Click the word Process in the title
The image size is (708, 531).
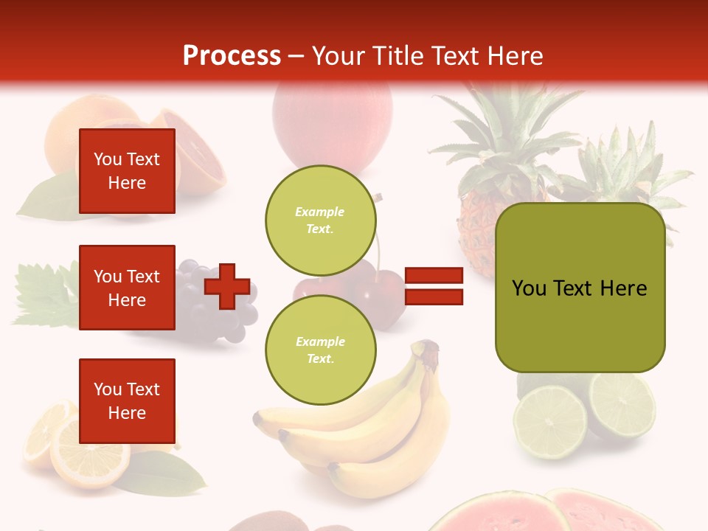click(x=232, y=56)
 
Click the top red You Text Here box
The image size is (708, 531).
click(x=127, y=171)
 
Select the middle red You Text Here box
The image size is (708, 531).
click(x=127, y=288)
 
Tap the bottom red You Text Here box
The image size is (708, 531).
click(x=127, y=401)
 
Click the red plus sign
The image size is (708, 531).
click(x=226, y=286)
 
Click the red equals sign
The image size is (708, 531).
click(x=434, y=287)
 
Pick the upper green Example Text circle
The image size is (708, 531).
click(x=321, y=220)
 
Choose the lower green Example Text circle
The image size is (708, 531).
click(x=321, y=350)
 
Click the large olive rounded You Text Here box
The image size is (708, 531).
click(x=580, y=288)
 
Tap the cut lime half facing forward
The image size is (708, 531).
click(x=549, y=422)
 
